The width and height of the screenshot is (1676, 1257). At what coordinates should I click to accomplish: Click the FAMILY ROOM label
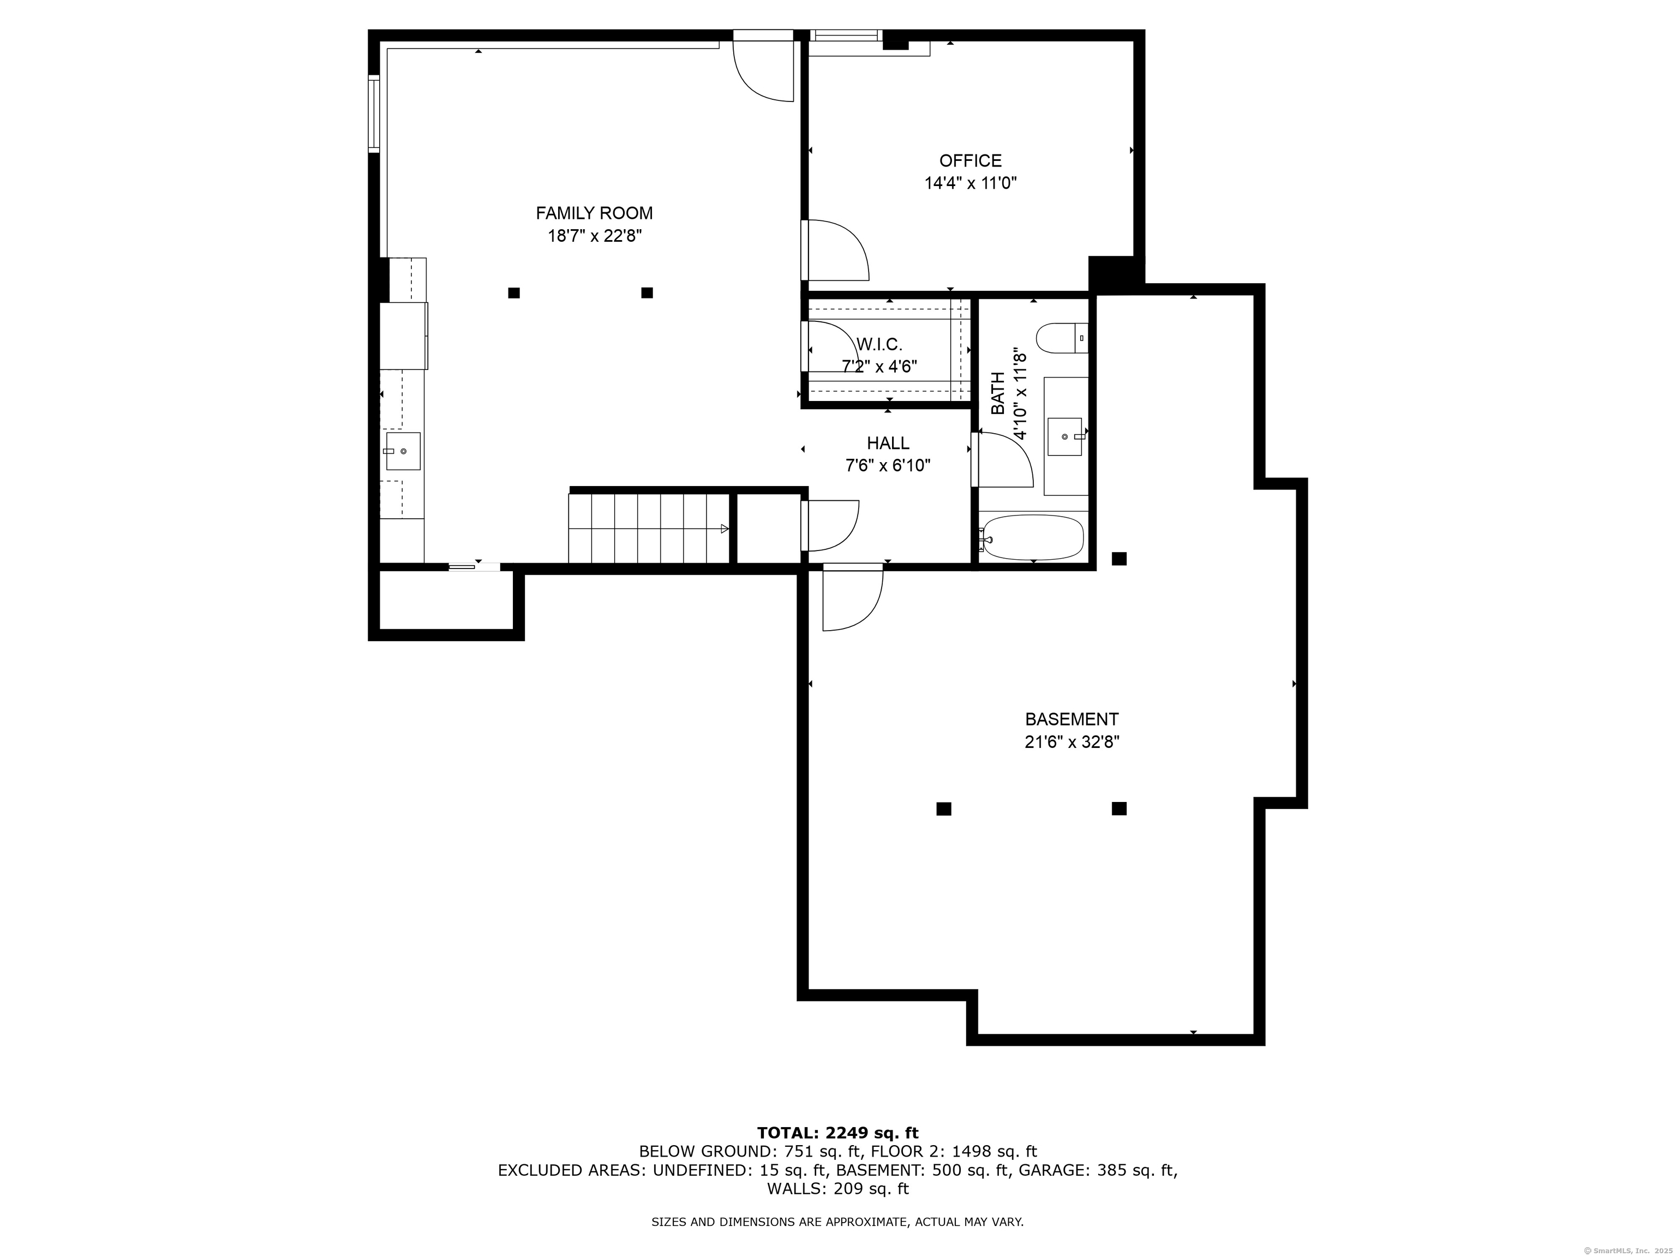594,214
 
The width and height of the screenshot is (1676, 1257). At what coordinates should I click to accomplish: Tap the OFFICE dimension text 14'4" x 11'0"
970,183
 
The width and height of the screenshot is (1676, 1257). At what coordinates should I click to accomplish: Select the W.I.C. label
879,345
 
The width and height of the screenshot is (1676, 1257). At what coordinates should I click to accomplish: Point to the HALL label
888,443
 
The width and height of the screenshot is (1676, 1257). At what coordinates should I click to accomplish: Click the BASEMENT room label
1072,719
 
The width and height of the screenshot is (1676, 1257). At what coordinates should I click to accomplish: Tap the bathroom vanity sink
1066,436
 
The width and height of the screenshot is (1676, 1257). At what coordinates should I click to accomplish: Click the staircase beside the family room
649,529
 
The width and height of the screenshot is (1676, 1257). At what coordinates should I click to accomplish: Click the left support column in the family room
514,292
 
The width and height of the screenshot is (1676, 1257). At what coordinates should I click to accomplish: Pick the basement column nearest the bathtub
1119,559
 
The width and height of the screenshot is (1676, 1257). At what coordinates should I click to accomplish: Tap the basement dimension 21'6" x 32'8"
1072,742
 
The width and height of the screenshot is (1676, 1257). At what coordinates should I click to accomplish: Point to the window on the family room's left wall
374,113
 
